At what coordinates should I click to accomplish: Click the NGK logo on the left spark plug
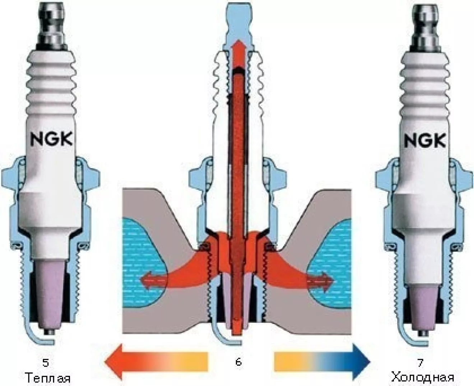52,139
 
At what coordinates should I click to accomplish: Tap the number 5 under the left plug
46,363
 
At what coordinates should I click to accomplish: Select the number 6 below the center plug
238,362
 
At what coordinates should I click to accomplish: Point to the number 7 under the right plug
420,363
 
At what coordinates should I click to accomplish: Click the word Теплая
48,378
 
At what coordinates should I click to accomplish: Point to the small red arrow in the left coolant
151,279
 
